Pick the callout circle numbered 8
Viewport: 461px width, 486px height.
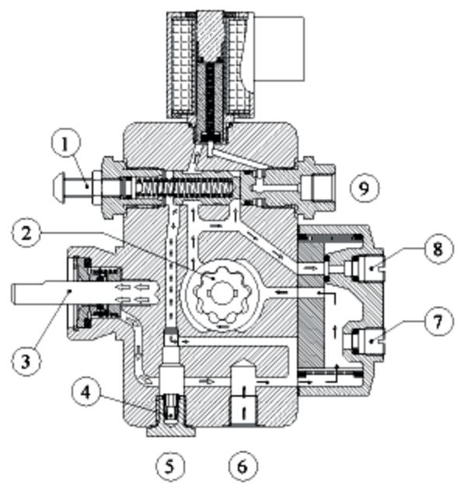pos(437,249)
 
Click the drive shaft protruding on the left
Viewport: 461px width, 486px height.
pos(43,293)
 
